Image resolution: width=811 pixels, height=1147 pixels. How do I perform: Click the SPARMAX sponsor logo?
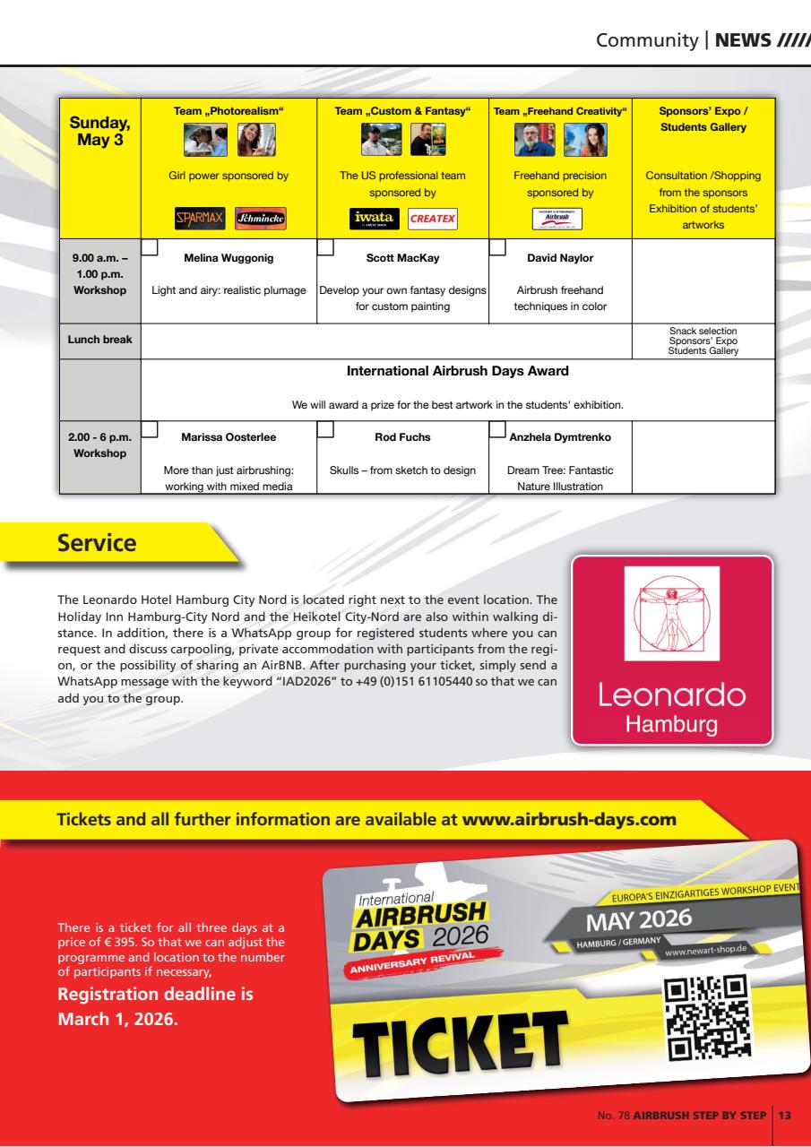[194, 218]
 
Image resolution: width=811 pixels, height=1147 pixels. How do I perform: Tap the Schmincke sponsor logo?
[261, 218]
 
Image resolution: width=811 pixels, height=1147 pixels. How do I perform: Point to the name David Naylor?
[560, 258]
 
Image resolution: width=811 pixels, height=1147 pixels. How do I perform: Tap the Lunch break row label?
[99, 341]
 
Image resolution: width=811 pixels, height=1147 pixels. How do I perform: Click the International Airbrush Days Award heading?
[458, 370]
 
